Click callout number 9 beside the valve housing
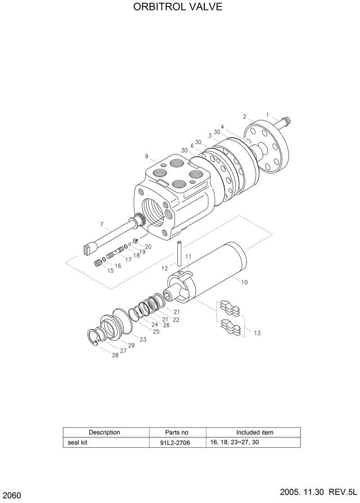147,156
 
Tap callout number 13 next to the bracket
257,333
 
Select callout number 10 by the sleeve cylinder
244,282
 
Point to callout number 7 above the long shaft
102,224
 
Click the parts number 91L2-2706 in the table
175,443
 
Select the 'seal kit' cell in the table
76,443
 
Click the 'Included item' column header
255,432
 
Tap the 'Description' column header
104,432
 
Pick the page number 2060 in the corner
11,496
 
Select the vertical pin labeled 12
179,254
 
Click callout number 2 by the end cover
244,117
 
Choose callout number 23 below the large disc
143,340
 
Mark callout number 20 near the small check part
148,246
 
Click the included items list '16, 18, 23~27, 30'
234,442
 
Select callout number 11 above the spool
188,256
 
